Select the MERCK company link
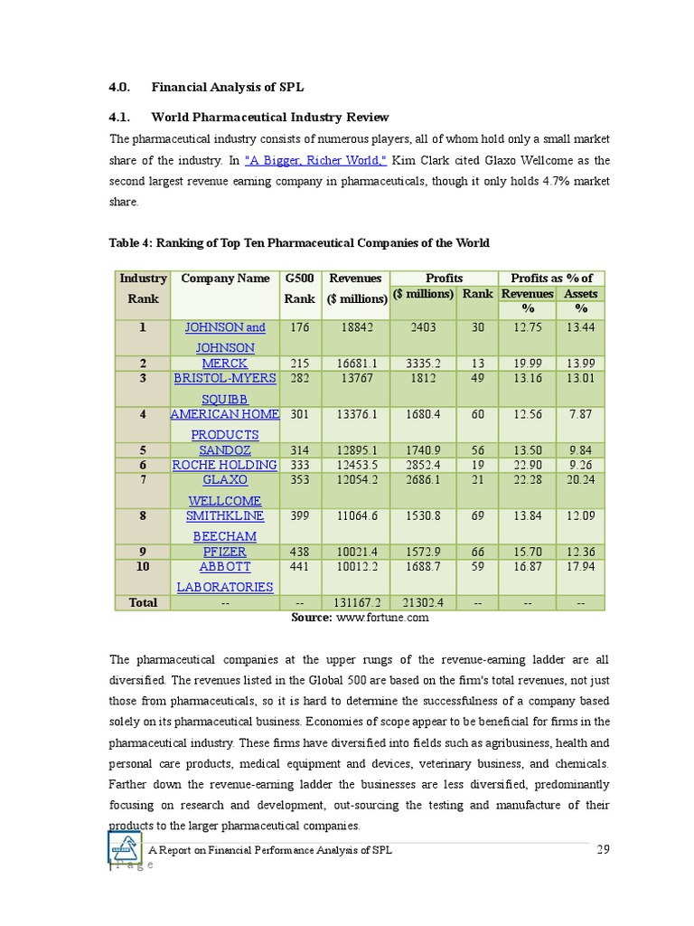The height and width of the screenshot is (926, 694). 225,364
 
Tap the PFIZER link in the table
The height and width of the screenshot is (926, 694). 225,552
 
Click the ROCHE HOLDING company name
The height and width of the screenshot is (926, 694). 225,465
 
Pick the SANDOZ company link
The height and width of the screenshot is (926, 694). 225,450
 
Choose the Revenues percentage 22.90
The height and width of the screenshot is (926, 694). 527,465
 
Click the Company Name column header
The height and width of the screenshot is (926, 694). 225,279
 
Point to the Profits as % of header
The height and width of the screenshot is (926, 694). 551,279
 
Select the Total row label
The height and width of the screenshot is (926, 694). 143,602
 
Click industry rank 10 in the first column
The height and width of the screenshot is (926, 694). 143,567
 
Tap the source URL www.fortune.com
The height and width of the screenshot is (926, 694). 382,618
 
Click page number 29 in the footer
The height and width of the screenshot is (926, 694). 605,849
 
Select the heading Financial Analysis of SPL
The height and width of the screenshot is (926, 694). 228,88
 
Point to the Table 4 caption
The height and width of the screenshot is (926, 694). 299,242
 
